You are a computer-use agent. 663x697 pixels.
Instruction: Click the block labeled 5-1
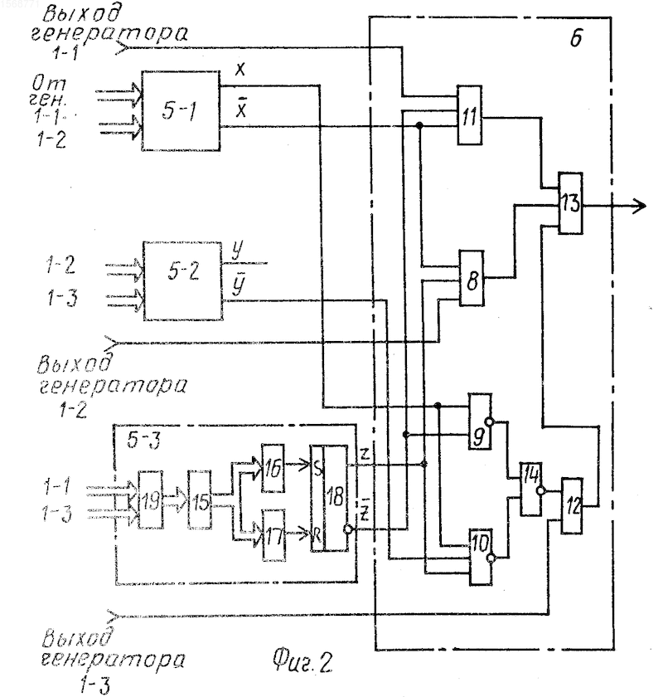[181, 110]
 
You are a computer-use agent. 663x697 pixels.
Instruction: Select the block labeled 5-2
[183, 280]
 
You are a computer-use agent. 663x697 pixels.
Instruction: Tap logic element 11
[469, 115]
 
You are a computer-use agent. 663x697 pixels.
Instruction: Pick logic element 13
[571, 203]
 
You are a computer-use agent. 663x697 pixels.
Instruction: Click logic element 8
[472, 278]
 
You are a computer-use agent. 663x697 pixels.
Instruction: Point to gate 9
[481, 421]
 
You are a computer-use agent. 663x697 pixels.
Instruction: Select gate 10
[481, 557]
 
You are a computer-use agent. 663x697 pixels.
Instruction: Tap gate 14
[531, 489]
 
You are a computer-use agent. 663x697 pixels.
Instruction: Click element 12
[572, 505]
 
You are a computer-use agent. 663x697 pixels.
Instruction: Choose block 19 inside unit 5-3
[150, 500]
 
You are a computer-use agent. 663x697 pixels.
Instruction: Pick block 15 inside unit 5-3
[200, 500]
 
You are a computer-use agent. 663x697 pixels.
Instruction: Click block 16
[273, 468]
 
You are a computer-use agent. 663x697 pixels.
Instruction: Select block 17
[274, 536]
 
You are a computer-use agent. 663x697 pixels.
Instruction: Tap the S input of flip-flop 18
[317, 469]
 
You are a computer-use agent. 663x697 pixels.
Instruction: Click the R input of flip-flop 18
[317, 534]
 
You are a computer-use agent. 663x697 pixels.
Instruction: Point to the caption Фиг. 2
[302, 661]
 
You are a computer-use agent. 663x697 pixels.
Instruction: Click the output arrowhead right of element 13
[640, 206]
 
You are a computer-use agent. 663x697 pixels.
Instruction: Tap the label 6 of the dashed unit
[575, 37]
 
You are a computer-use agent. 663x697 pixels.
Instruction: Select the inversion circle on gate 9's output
[489, 422]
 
